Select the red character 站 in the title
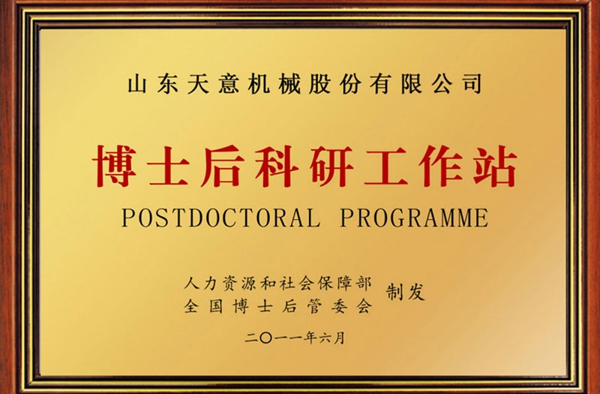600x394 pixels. [x=493, y=167]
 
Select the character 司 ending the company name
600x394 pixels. [x=469, y=83]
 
